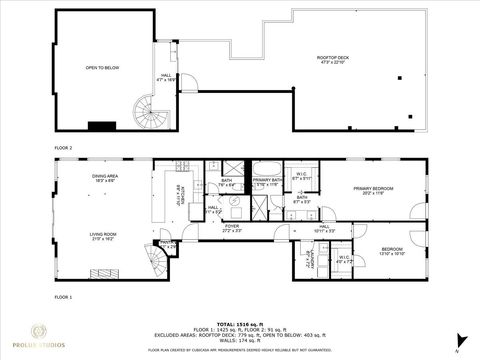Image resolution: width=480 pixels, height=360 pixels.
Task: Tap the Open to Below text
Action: (x=104, y=68)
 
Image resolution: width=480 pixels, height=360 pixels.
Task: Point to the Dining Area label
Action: (x=105, y=178)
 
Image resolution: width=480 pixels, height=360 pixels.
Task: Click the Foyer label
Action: (x=232, y=228)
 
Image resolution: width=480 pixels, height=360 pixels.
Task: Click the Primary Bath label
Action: (x=266, y=183)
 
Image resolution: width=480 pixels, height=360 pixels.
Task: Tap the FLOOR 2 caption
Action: (x=65, y=146)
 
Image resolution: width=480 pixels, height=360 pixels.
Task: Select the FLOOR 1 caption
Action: (x=65, y=297)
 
